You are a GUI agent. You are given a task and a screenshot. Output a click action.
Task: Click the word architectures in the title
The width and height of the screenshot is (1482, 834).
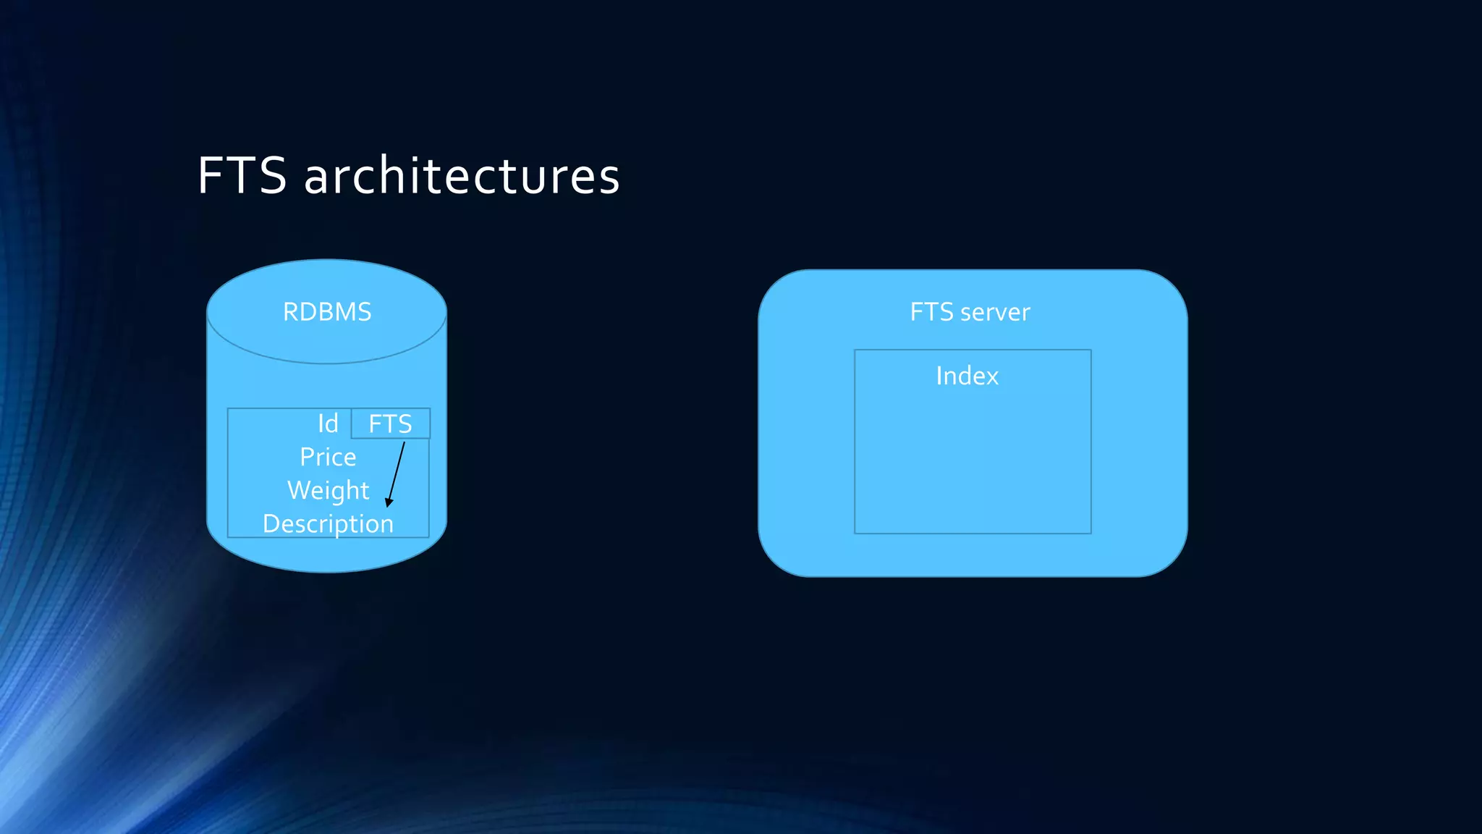point(462,176)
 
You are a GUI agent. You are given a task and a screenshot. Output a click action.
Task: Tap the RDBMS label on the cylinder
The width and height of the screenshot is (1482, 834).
point(327,312)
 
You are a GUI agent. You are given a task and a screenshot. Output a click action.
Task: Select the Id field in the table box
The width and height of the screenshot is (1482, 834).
point(328,424)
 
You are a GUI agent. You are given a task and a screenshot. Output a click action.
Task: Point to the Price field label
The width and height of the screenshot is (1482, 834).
point(328,457)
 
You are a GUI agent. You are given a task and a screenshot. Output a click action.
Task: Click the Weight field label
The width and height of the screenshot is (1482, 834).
point(328,490)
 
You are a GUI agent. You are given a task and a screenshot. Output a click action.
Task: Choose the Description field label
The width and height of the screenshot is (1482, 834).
point(328,523)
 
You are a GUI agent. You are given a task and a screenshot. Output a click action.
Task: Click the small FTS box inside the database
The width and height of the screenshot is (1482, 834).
point(391,424)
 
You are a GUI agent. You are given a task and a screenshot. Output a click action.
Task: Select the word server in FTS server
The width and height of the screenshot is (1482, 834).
point(996,312)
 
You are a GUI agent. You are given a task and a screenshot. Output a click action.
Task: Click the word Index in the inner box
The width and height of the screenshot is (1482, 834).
point(967,376)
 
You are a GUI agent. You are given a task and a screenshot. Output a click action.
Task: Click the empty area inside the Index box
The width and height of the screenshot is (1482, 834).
point(973,463)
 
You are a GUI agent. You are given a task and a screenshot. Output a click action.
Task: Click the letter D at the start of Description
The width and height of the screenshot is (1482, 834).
point(271,523)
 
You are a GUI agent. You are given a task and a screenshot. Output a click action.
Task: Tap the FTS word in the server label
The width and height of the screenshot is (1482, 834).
point(931,312)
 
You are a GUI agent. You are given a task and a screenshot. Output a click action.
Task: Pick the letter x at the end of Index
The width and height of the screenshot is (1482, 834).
point(991,377)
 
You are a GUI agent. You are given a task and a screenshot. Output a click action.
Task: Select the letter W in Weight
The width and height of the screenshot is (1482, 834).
point(300,490)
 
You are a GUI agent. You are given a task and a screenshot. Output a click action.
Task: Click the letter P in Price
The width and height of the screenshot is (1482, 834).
point(307,457)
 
